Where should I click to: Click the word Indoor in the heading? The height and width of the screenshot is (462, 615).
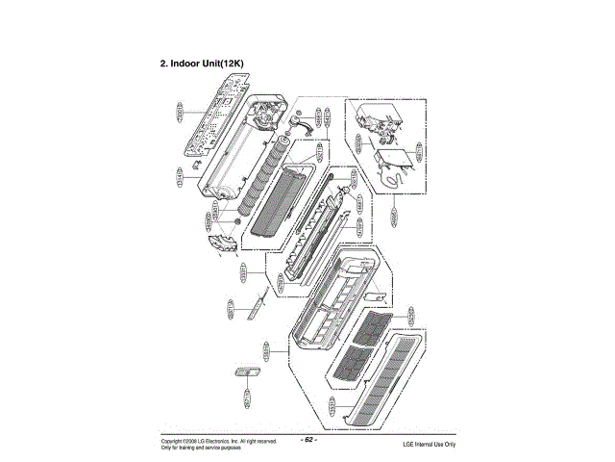[190, 63]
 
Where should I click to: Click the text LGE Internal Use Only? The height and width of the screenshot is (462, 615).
[429, 444]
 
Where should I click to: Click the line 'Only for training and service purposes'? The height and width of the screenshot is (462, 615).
[202, 448]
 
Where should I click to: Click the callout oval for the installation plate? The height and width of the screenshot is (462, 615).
[180, 114]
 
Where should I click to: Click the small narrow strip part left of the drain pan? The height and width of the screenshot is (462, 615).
[256, 307]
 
